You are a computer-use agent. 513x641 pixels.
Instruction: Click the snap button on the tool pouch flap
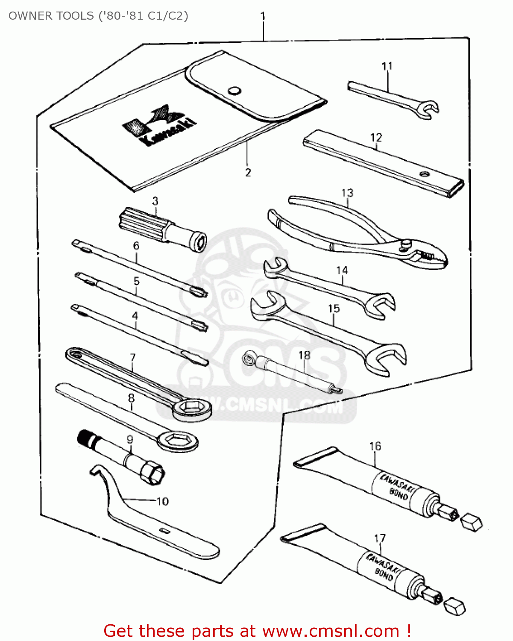click(x=234, y=91)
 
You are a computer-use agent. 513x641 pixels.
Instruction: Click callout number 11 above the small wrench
click(x=387, y=66)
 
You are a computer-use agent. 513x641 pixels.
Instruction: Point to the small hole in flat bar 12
click(x=424, y=174)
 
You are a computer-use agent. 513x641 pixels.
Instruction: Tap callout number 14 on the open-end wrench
click(x=342, y=271)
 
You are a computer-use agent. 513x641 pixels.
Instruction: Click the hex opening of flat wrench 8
click(x=178, y=440)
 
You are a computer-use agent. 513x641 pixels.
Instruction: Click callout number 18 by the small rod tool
click(x=305, y=355)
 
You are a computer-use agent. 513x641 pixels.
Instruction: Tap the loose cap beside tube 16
click(x=471, y=522)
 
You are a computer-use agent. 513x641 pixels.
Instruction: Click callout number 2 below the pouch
click(x=248, y=173)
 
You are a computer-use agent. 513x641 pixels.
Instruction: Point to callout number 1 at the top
click(x=263, y=16)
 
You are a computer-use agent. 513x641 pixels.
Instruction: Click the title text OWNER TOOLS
click(x=51, y=16)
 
